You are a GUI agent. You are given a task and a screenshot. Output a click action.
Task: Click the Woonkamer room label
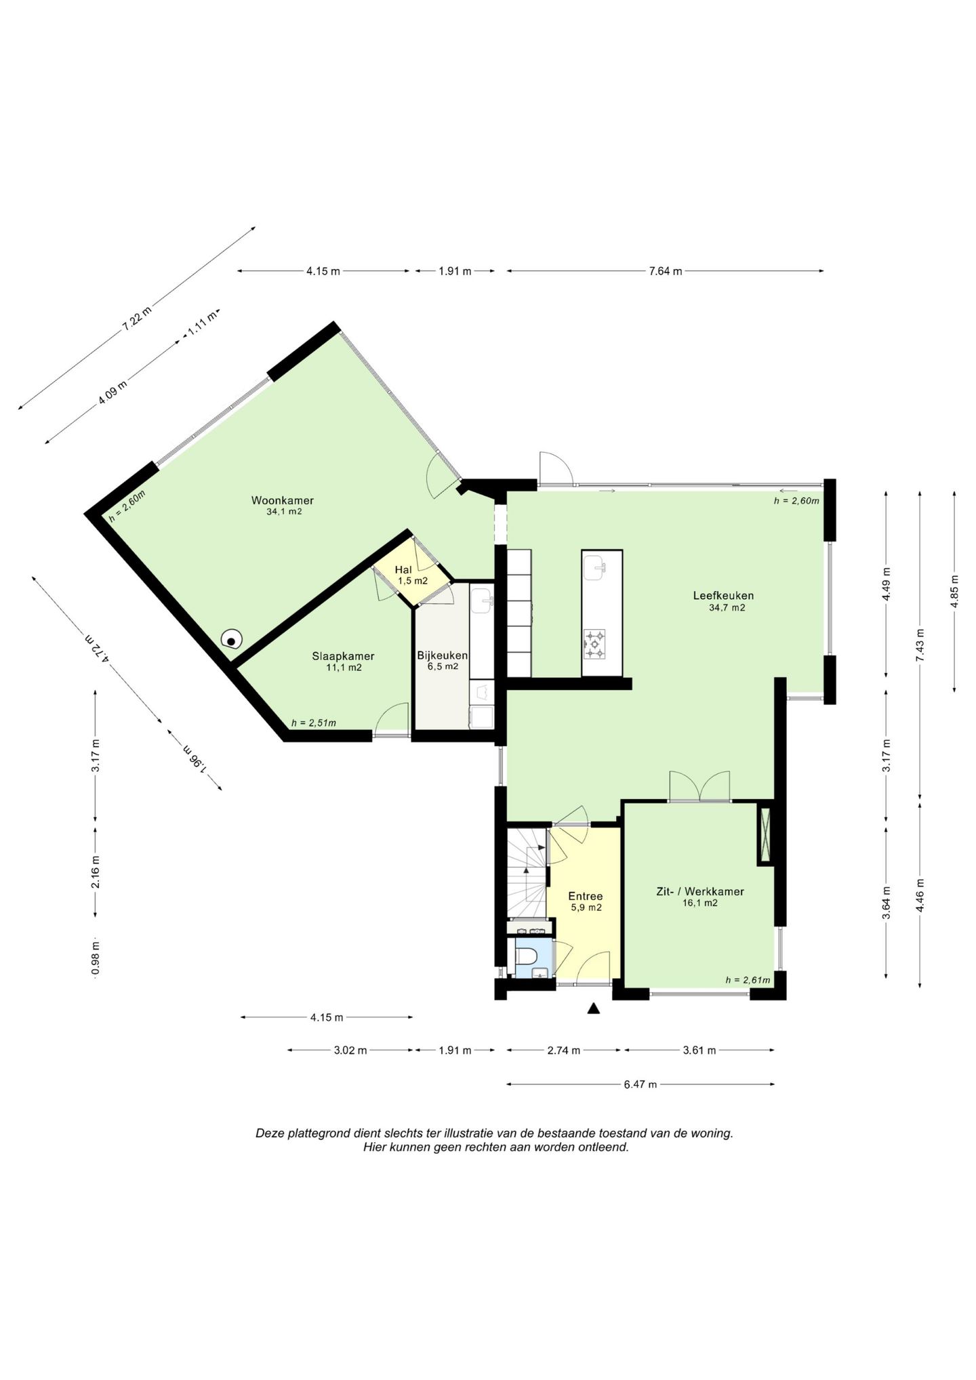pos(283,501)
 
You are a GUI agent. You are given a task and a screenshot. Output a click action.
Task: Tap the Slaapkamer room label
pos(343,656)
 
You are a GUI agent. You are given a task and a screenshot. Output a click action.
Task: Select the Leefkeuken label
pos(723,596)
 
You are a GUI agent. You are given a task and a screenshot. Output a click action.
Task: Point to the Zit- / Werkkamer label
pos(700,891)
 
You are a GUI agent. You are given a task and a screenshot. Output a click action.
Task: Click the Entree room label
pos(586,896)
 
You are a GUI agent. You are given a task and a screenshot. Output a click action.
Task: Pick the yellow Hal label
pos(403,570)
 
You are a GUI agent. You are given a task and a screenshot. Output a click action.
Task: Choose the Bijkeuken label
pos(443,655)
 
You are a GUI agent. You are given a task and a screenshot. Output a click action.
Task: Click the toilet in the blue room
pos(526,956)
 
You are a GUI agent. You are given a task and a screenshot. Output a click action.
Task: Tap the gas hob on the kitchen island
pos(594,644)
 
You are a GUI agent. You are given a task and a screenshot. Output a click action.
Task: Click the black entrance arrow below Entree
pos(594,1008)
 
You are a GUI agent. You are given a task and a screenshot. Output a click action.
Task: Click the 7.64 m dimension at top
pos(666,271)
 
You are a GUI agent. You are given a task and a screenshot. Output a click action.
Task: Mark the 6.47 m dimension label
pos(640,1084)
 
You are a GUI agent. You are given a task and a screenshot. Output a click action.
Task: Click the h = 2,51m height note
pos(314,723)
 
